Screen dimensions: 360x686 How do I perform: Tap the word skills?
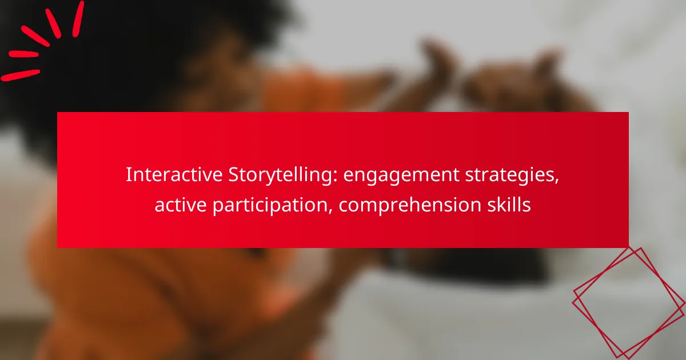click(x=510, y=205)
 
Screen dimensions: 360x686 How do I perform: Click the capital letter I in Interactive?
click(x=128, y=175)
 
